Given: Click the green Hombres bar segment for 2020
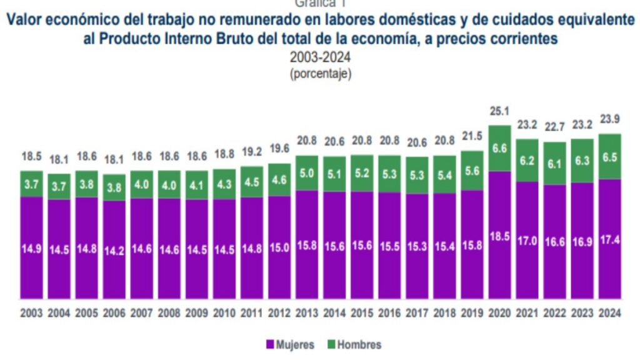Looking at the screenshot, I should point(500,148).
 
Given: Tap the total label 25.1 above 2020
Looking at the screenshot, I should point(500,111).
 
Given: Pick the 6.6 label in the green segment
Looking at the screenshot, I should point(500,148).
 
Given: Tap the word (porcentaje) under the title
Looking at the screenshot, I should point(320,73).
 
